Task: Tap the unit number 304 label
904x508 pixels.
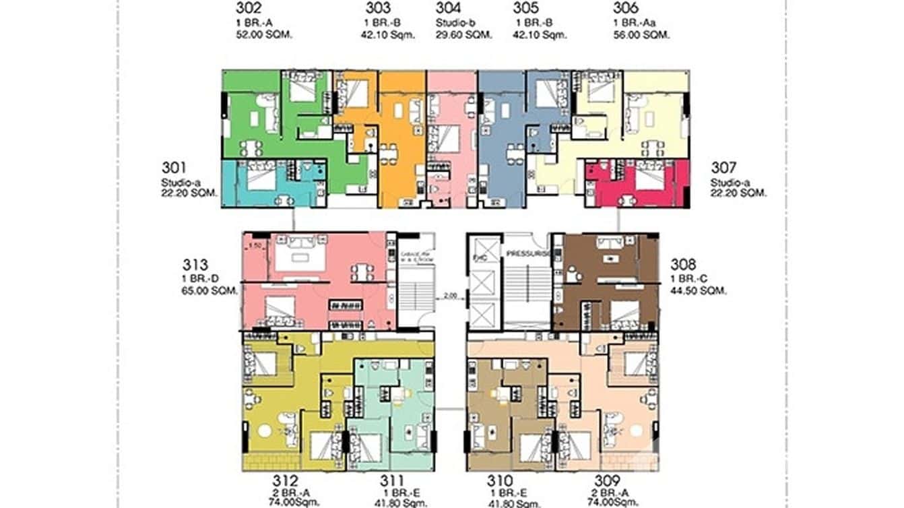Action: point(449,9)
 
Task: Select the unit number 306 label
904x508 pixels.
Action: point(627,9)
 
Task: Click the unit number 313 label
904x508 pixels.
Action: point(196,265)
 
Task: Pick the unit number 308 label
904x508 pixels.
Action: point(684,265)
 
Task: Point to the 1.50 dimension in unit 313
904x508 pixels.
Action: point(255,246)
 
